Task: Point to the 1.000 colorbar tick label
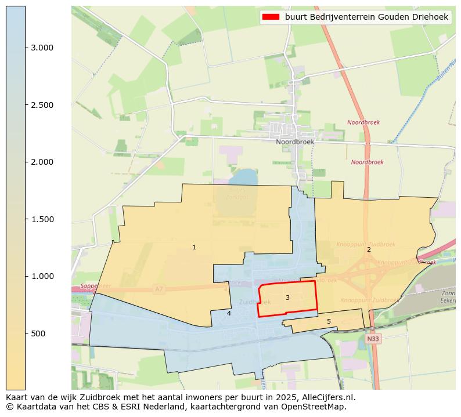point(42,276)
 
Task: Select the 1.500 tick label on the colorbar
point(42,219)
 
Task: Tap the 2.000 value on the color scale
point(42,162)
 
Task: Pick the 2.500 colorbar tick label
point(42,105)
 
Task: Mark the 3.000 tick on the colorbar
point(42,48)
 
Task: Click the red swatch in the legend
point(271,17)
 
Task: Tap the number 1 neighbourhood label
point(194,248)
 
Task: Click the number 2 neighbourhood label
point(369,249)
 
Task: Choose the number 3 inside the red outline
point(287,298)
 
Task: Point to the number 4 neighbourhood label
point(229,313)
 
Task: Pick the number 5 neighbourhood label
point(329,321)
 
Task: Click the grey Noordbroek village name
point(295,142)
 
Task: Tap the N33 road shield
point(373,338)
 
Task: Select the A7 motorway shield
point(159,288)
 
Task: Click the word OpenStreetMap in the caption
point(315,407)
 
